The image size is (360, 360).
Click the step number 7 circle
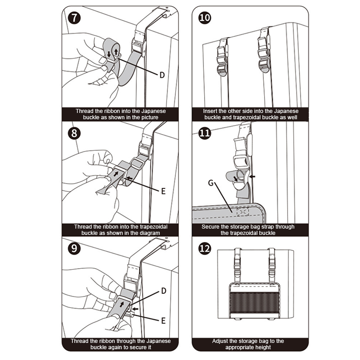tap(74, 18)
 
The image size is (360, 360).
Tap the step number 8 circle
tap(74, 134)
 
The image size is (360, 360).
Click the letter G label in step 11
tap(211, 182)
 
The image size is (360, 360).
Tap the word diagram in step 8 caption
tap(149, 234)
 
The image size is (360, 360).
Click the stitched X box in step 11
tap(243, 211)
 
